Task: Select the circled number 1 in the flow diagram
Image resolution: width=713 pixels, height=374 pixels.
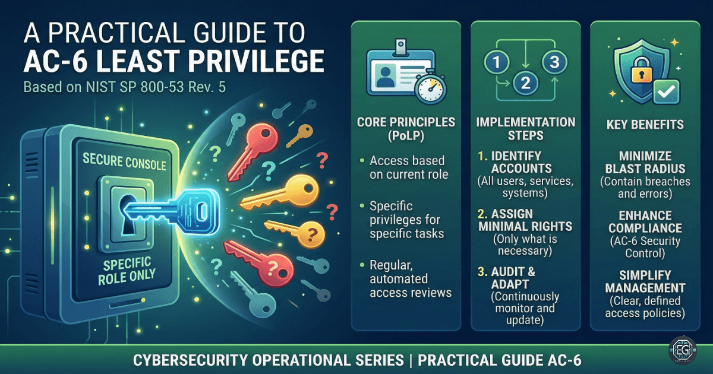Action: pos(494,61)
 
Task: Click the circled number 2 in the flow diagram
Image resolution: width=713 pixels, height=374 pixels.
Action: pos(525,83)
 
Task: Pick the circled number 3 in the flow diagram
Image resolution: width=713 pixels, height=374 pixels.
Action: pos(554,61)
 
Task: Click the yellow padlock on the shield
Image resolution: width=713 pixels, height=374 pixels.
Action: pos(632,71)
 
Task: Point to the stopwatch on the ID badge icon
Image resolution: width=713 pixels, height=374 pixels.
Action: pos(430,88)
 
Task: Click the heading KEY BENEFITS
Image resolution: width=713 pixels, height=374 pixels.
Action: pos(645,125)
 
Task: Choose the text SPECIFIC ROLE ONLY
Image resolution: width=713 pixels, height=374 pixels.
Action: pos(127,268)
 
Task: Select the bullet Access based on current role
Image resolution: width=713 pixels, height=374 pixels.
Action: pos(407,168)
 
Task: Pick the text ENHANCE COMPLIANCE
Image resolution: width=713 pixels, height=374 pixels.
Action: pos(645,221)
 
